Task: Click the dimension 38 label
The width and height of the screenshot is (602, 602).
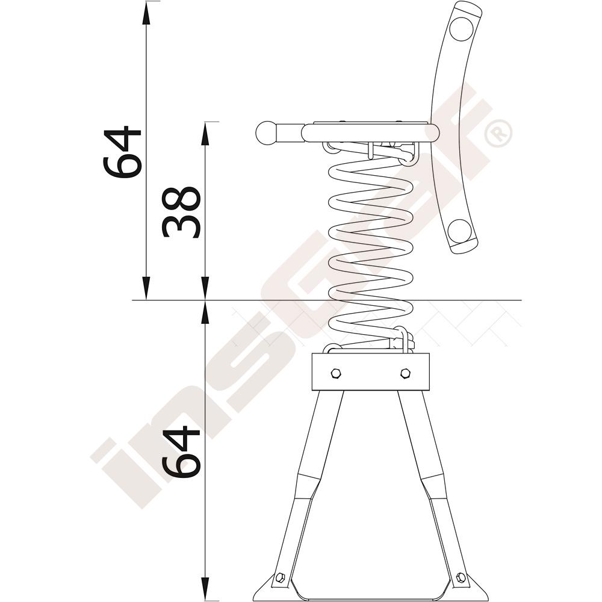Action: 181,212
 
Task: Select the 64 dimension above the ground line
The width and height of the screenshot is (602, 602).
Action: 122,152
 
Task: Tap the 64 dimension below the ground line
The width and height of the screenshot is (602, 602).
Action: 181,452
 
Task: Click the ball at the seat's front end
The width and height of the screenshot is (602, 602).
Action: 267,133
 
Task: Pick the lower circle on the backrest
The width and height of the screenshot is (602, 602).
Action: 459,231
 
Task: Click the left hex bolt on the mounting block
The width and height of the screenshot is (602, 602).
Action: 336,373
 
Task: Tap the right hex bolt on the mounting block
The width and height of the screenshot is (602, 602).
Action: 405,373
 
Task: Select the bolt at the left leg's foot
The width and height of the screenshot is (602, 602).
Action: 280,576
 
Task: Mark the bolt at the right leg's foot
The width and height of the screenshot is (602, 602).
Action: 461,576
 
